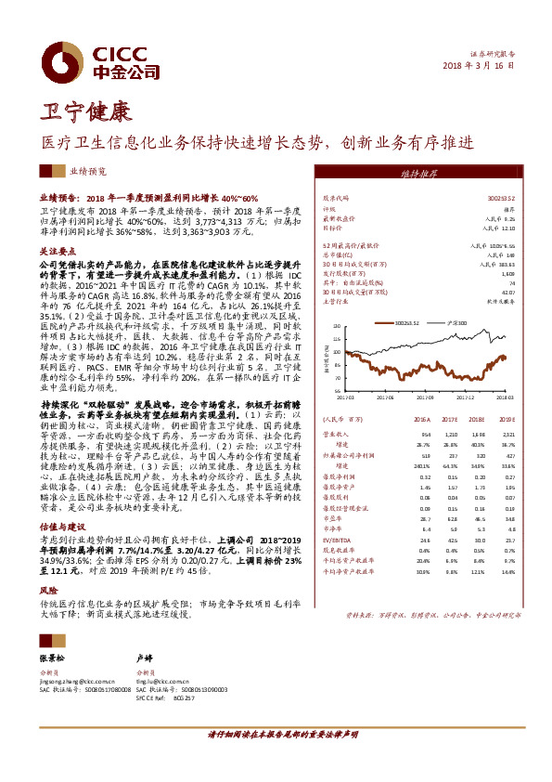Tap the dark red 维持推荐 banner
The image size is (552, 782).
[x=418, y=173]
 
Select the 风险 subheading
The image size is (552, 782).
[x=48, y=590]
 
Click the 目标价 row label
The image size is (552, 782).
[x=332, y=227]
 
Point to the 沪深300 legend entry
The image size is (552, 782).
[x=456, y=323]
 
